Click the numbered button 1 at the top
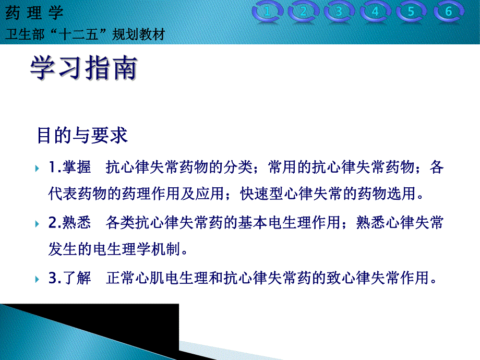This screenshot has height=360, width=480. tap(268, 12)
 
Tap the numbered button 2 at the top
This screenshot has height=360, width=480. tap(304, 12)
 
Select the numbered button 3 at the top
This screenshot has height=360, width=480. tap(340, 12)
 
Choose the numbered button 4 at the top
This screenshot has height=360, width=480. tap(376, 12)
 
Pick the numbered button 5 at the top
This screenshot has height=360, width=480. tap(412, 12)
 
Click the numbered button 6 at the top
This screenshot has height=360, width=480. tap(448, 12)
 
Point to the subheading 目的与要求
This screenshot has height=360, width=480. tap(82, 136)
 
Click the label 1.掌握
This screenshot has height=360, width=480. tap(70, 168)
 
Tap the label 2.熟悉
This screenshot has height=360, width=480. tap(70, 223)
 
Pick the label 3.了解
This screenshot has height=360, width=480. tap(70, 278)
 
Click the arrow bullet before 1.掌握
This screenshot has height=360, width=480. tap(37, 169)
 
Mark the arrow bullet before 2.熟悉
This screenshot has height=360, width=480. tap(37, 224)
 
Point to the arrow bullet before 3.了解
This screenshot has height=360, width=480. tap(37, 279)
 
